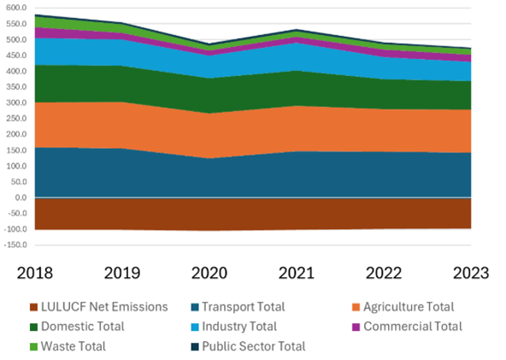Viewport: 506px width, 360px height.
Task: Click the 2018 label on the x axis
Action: click(x=36, y=273)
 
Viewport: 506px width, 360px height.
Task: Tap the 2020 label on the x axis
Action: click(x=209, y=273)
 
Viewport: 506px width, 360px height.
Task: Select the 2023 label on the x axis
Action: click(x=470, y=273)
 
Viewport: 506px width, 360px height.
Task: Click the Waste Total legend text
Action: click(x=79, y=346)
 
